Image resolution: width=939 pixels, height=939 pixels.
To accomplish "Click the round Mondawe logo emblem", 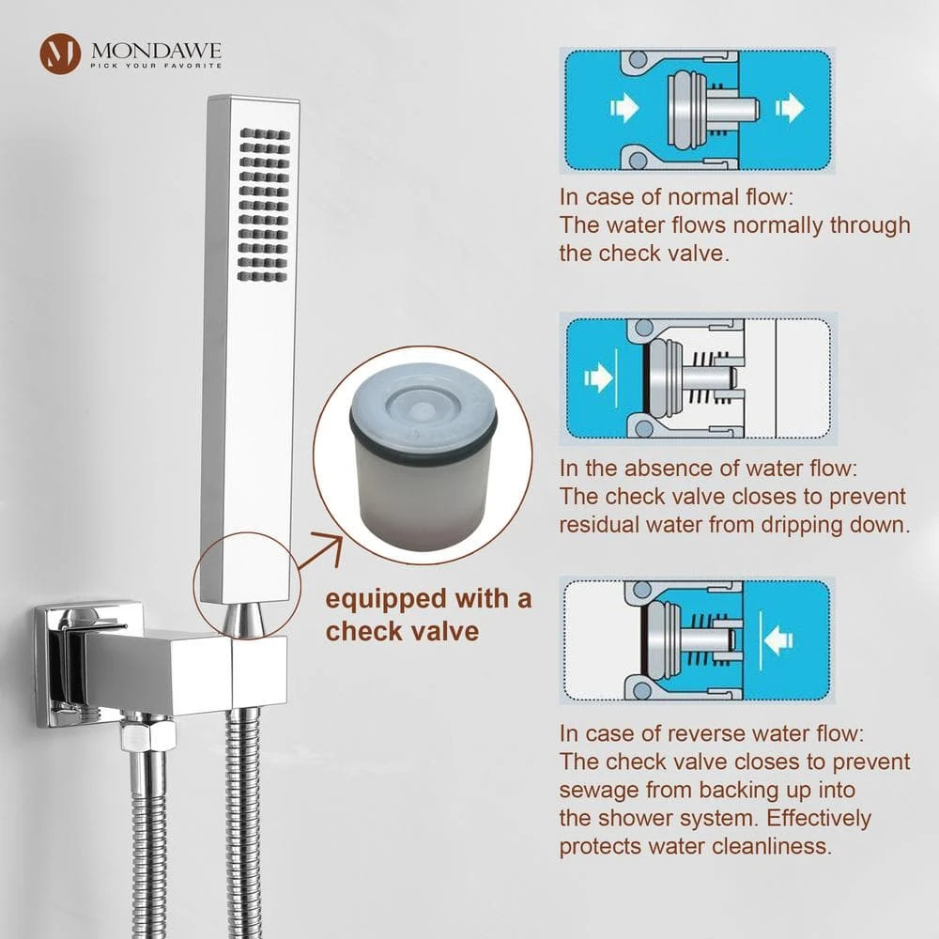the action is (x=60, y=54).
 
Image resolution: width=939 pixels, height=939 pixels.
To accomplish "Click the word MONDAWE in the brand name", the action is (x=156, y=51).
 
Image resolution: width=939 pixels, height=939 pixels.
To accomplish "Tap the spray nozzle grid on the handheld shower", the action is (x=264, y=204).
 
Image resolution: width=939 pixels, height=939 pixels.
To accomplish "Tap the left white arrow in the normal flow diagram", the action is (x=624, y=108).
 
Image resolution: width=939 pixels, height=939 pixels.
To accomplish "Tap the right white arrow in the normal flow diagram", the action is (x=790, y=108).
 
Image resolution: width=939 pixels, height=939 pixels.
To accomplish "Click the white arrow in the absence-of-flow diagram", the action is (x=598, y=377).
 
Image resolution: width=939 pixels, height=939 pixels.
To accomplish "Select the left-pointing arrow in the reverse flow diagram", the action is (x=778, y=639).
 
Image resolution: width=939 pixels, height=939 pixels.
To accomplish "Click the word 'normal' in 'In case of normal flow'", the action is (x=702, y=197).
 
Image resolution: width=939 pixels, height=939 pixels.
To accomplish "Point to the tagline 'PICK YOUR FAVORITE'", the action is (x=156, y=66).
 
